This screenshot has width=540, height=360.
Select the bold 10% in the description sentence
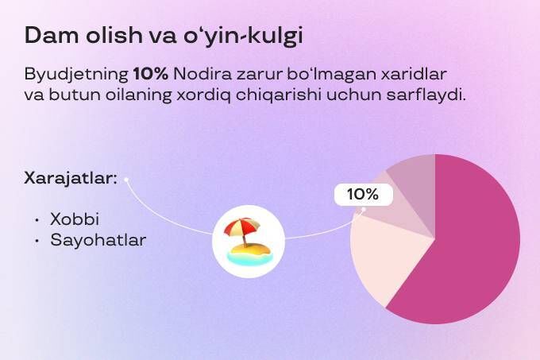point(151,74)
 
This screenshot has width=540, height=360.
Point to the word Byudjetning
point(76,75)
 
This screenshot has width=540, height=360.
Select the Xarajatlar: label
point(70,179)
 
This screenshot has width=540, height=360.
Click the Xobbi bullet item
point(75,219)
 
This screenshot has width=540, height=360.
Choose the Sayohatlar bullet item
point(98,241)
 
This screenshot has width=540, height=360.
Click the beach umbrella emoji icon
point(249,242)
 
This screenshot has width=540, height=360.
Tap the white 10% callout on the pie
point(364,195)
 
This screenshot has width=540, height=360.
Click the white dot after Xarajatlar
point(126,179)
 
